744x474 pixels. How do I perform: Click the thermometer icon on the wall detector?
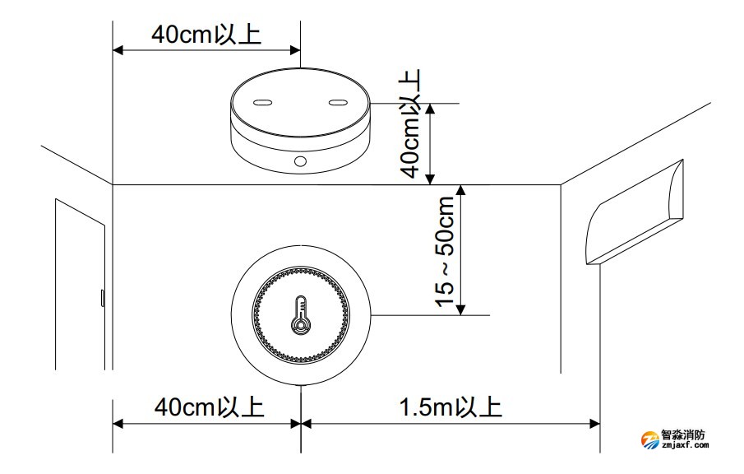pos(300,315)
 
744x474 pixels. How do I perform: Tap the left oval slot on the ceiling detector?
pos(262,102)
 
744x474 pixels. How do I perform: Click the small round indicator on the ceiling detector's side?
pos(300,161)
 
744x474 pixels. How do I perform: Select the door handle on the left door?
pos(102,298)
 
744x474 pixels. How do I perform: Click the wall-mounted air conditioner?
pos(635,213)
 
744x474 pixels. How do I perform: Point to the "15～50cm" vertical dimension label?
pos(445,252)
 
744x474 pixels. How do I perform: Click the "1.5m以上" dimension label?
pos(451,407)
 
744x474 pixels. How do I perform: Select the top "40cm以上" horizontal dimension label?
pos(206,35)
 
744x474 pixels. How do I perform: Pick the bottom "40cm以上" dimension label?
pos(209,407)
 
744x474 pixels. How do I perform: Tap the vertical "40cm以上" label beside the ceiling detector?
pos(410,123)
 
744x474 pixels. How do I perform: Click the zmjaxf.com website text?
pos(685,445)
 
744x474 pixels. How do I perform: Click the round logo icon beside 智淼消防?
pos(650,439)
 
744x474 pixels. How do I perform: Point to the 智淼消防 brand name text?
pos(683,434)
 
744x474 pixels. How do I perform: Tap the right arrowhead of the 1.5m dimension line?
pos(594,423)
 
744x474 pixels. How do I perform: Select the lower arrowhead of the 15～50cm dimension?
pos(460,309)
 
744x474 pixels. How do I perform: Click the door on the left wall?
pos(80,284)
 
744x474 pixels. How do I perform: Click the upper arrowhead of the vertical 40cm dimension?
pos(430,109)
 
